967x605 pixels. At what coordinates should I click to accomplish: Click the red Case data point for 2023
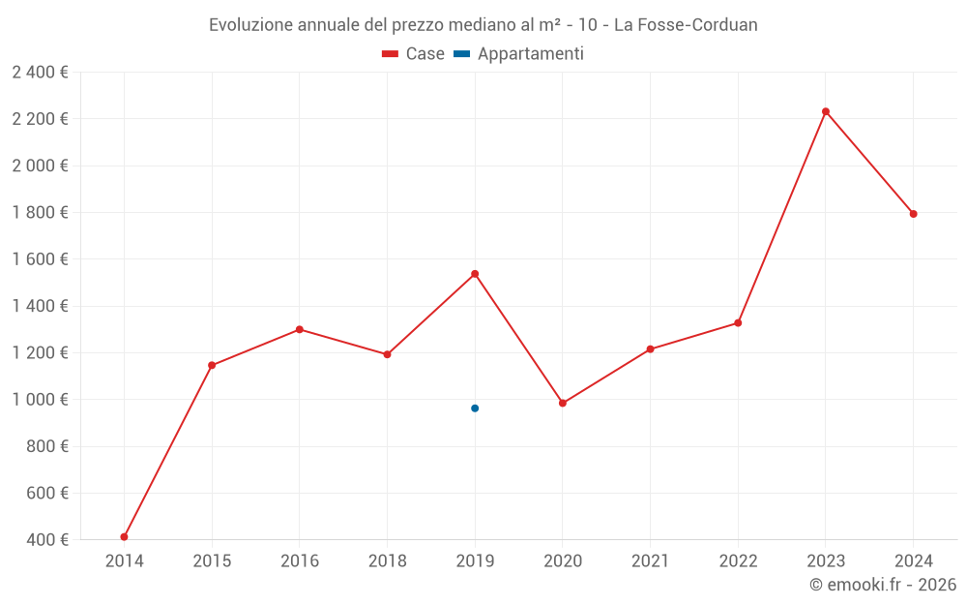(826, 111)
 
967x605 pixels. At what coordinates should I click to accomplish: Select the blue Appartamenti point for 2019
(475, 408)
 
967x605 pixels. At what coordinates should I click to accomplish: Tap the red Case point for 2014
(125, 536)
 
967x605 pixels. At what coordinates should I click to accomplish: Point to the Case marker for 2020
(563, 403)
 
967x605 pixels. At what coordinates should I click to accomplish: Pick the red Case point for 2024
(914, 214)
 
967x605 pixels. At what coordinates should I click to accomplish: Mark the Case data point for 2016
(300, 329)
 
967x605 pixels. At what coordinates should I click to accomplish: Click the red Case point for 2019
(475, 274)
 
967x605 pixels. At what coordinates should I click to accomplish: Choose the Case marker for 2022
(738, 322)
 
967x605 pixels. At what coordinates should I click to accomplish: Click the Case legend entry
(414, 54)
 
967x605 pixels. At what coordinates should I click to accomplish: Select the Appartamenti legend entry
(519, 54)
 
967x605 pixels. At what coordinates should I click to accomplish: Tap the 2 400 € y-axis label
(40, 72)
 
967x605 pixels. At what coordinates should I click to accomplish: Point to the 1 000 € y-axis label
(40, 400)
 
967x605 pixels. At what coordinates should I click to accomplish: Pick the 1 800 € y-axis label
(40, 213)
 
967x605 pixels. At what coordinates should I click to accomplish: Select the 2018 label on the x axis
(387, 561)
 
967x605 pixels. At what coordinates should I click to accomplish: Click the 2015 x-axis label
(212, 561)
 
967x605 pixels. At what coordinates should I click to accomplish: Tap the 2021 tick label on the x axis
(650, 561)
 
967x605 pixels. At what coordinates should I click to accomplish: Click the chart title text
(483, 24)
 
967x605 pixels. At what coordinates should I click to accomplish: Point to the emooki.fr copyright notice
(883, 585)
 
